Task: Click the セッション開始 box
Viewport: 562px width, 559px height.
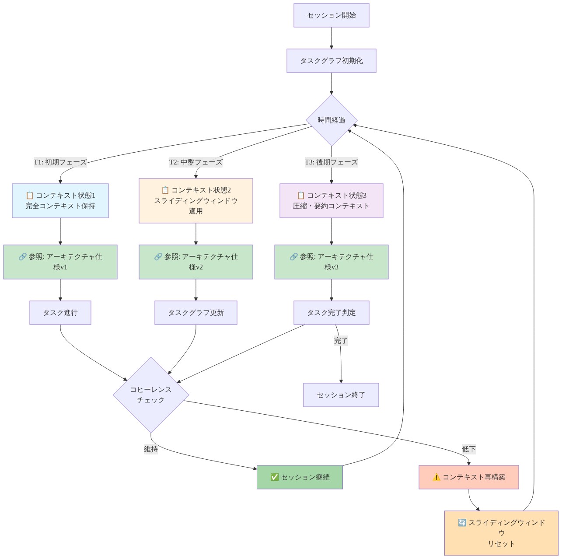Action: [x=331, y=15]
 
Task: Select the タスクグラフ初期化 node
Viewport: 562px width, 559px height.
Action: [x=331, y=61]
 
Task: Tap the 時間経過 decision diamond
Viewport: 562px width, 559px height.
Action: [x=331, y=120]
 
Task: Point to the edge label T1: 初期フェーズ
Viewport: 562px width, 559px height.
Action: [x=60, y=162]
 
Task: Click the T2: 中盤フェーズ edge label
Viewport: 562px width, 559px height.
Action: [x=196, y=162]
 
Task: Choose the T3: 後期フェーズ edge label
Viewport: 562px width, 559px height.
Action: [x=331, y=162]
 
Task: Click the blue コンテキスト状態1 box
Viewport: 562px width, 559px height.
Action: [x=60, y=201]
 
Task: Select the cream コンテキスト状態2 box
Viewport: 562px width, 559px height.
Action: [x=196, y=201]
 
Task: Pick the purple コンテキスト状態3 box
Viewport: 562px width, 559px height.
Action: [x=331, y=201]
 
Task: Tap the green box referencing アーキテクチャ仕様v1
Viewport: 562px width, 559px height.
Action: [x=60, y=262]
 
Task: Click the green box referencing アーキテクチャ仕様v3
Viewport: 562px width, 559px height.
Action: [x=331, y=262]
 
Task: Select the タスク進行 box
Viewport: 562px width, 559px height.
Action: [x=60, y=313]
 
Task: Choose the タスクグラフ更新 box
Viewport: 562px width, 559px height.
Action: [x=196, y=313]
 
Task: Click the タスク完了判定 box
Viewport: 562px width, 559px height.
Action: [x=331, y=313]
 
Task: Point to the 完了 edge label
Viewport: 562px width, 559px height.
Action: [x=341, y=341]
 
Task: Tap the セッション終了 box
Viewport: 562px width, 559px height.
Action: [x=341, y=395]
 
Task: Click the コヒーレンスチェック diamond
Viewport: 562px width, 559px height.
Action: [x=151, y=395]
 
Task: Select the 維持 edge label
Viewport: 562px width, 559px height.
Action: [x=151, y=449]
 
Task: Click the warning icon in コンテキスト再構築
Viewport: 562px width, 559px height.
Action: [x=436, y=477]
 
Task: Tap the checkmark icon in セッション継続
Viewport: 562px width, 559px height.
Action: [x=274, y=477]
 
